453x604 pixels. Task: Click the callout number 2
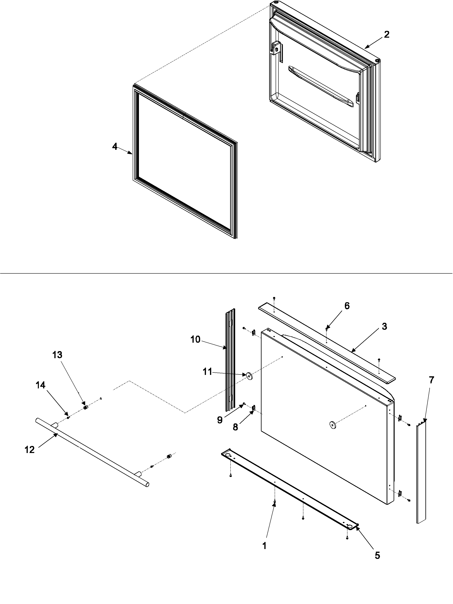pyautogui.click(x=386, y=34)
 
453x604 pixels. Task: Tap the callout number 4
pyautogui.click(x=115, y=147)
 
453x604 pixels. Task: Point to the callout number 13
pyautogui.click(x=57, y=355)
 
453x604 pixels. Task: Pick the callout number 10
pyautogui.click(x=195, y=339)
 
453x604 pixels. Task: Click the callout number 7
pyautogui.click(x=431, y=380)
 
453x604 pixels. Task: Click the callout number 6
pyautogui.click(x=347, y=306)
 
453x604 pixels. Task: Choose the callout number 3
pyautogui.click(x=384, y=326)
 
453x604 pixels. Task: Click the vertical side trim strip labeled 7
pyautogui.click(x=421, y=472)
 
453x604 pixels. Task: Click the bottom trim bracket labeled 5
pyautogui.click(x=290, y=491)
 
